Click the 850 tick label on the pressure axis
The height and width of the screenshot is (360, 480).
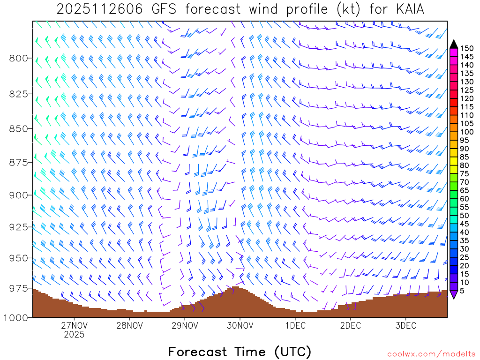click(19, 128)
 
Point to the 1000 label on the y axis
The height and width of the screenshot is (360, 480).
click(16, 318)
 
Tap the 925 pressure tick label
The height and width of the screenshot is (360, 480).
click(19, 227)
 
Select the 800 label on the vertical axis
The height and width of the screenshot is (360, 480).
click(19, 58)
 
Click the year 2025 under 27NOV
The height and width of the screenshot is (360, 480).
click(74, 335)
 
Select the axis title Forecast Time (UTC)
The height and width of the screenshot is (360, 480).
click(240, 352)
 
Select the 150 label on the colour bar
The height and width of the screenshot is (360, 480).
click(467, 48)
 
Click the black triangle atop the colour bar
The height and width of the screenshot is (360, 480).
click(454, 44)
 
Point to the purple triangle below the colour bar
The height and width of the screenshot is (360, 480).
click(454, 294)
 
